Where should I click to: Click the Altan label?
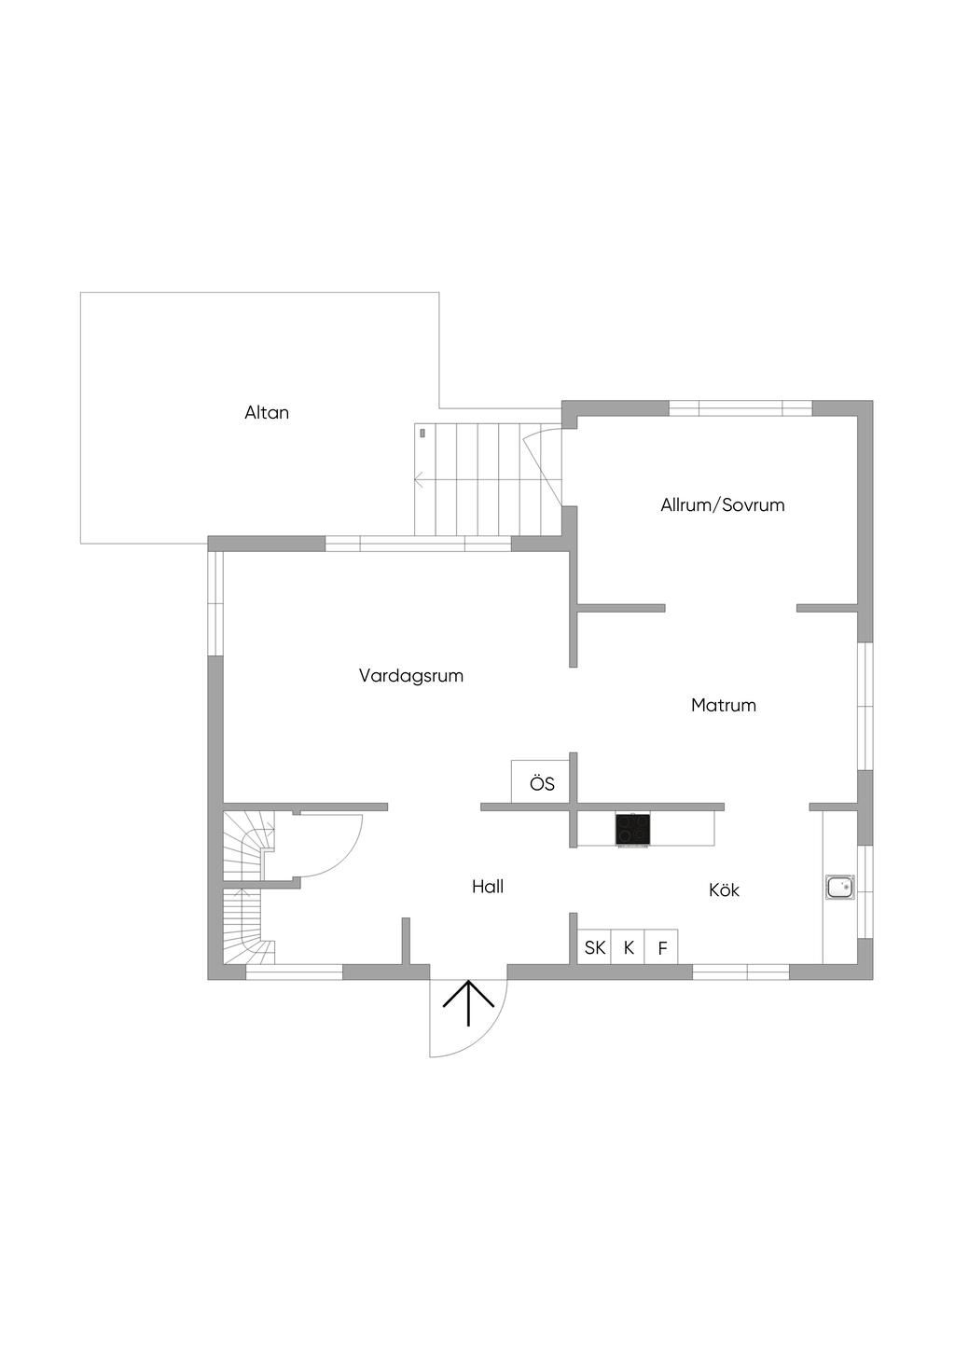coord(267,412)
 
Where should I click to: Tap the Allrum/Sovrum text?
coord(722,504)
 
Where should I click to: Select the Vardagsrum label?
coord(411,675)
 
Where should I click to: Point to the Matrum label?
coord(724,705)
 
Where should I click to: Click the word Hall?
coord(488,887)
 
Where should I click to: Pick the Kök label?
coord(724,889)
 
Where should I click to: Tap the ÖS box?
coord(541,782)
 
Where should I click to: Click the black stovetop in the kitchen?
coord(633,829)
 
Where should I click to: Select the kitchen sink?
coord(839,888)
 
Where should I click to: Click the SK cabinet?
coord(594,947)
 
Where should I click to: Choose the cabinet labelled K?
coord(628,947)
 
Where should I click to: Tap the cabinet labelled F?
coord(662,947)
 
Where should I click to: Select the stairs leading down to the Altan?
coord(488,479)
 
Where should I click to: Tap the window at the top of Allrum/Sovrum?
coord(740,408)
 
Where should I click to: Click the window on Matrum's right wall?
coord(865,706)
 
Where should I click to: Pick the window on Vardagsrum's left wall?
coord(215,603)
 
